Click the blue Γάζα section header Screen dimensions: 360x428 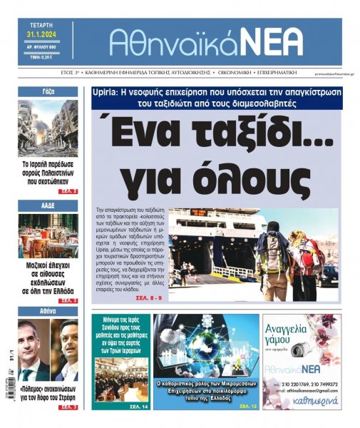pos(48,92)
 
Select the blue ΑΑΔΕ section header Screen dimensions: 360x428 pos(48,205)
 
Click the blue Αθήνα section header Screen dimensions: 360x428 pos(48,312)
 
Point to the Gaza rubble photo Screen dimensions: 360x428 pos(48,128)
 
